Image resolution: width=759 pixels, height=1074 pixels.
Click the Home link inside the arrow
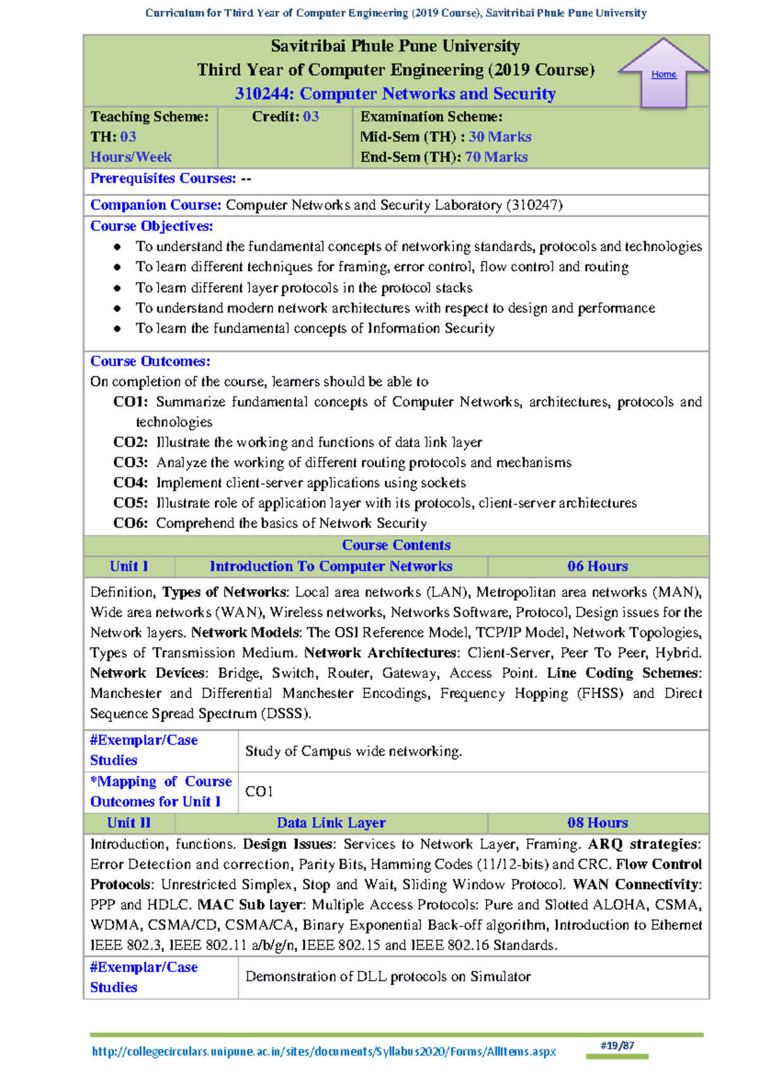663,75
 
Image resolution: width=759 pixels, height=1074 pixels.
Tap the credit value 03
311,116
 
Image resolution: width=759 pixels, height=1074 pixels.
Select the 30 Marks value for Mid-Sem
499,137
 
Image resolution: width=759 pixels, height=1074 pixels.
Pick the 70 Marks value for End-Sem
496,157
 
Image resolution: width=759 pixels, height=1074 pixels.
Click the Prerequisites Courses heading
163,178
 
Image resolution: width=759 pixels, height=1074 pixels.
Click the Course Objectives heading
151,226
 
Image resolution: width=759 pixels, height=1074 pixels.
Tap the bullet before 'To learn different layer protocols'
117,288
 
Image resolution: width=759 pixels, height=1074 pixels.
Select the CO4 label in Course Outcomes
130,483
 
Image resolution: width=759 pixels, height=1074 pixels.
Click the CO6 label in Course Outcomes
130,523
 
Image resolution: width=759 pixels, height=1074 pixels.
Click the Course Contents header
396,545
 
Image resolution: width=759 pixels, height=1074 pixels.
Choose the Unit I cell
128,566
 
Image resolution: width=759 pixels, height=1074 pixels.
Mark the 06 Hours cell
597,566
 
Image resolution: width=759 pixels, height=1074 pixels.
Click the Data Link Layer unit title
331,823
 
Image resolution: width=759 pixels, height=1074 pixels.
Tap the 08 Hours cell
597,823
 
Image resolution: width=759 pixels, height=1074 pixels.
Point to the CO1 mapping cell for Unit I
259,792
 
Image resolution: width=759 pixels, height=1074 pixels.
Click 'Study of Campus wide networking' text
353,751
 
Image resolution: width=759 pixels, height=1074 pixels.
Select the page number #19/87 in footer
617,1046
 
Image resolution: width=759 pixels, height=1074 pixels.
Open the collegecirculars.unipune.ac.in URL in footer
324,1052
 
